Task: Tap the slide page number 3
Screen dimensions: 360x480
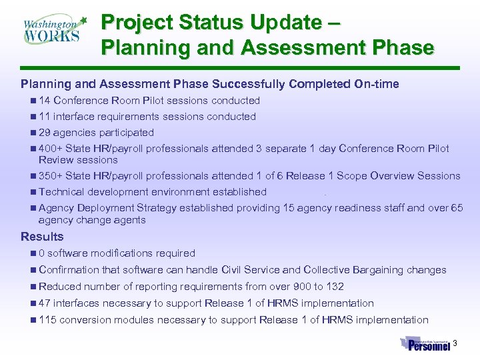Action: pyautogui.click(x=455, y=343)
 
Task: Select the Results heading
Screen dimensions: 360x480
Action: pyautogui.click(x=42, y=237)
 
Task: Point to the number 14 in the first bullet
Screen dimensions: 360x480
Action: pyautogui.click(x=45, y=101)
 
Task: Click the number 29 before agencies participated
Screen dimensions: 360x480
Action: pyautogui.click(x=45, y=133)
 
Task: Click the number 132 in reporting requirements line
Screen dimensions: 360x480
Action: pyautogui.click(x=334, y=287)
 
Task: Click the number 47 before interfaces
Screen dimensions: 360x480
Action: pyautogui.click(x=45, y=303)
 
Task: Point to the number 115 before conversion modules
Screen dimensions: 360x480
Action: pyautogui.click(x=47, y=320)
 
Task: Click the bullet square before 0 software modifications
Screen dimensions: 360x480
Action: pyautogui.click(x=33, y=253)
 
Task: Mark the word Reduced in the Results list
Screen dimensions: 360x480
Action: pyautogui.click(x=59, y=287)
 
